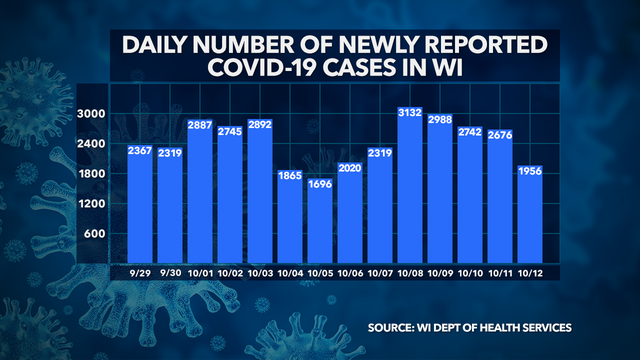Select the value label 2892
pyautogui.click(x=262, y=127)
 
